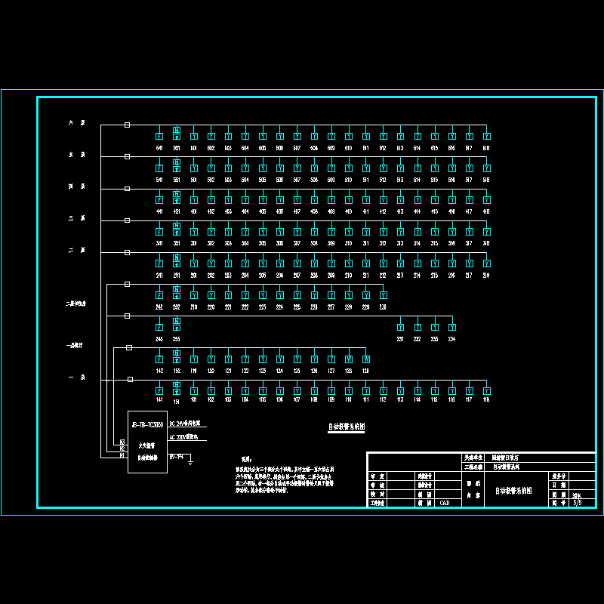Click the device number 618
point(486,148)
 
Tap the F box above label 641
point(159,137)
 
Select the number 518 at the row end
point(486,180)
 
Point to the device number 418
point(486,211)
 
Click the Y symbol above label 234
point(451,327)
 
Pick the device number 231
point(400,339)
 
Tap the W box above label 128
point(349,359)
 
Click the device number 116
point(486,399)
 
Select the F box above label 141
point(159,390)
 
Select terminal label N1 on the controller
point(122,455)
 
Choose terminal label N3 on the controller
point(122,442)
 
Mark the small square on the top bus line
point(127,125)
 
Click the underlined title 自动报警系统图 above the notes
point(347,427)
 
